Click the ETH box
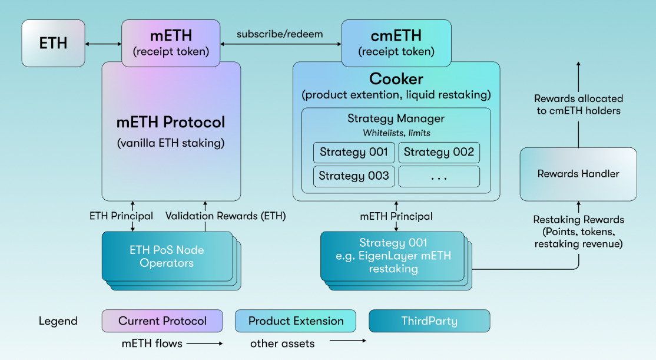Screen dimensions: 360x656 (53, 43)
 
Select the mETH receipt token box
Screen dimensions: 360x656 (171, 43)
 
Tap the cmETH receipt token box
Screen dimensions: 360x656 (396, 43)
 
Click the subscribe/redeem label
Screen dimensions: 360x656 (280, 34)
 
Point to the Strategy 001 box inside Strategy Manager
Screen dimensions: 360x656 (354, 152)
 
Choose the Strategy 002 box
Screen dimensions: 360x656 (439, 152)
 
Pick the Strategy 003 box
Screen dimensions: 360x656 (354, 176)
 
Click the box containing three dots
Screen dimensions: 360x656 (439, 176)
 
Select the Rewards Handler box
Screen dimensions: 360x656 (578, 174)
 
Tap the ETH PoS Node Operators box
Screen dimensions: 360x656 (167, 256)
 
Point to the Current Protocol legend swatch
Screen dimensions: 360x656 (162, 321)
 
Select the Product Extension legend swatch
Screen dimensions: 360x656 (296, 321)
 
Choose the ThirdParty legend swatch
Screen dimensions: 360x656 (429, 321)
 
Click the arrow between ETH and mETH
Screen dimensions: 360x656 (103, 44)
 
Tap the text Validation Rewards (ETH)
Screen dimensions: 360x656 (226, 216)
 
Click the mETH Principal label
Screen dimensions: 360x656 (396, 216)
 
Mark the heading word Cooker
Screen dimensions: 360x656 (396, 78)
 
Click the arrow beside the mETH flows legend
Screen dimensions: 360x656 (203, 342)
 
